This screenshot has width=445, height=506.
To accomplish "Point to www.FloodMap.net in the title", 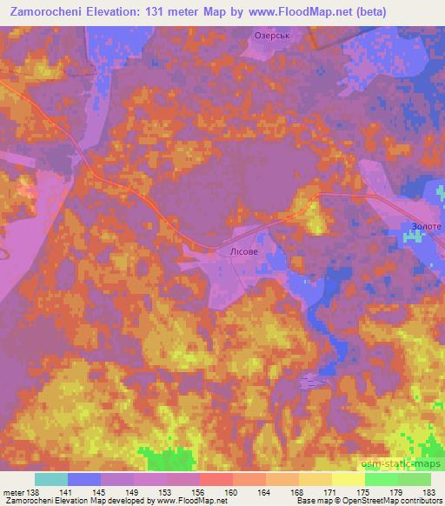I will click(x=283, y=10).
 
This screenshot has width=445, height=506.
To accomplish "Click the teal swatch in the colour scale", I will click(x=50, y=479).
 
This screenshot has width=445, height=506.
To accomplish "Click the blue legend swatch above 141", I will click(x=83, y=479).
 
